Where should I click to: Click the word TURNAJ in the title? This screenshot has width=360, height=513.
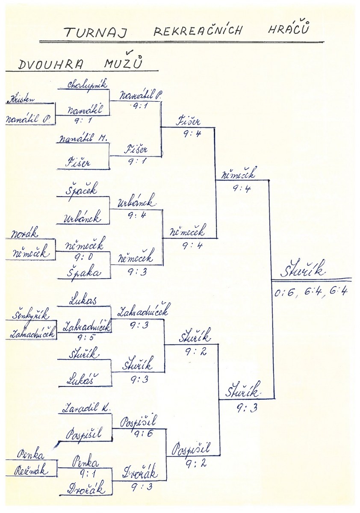pyautogui.click(x=95, y=32)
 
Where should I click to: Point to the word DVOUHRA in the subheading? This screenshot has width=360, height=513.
pyautogui.click(x=51, y=65)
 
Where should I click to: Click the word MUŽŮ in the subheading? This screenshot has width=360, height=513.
pyautogui.click(x=124, y=64)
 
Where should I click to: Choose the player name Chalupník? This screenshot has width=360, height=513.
pyautogui.click(x=87, y=85)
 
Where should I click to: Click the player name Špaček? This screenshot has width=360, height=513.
pyautogui.click(x=82, y=189)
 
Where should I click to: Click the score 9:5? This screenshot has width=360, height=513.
pyautogui.click(x=83, y=337)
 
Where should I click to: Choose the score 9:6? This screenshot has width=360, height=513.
pyautogui.click(x=141, y=434)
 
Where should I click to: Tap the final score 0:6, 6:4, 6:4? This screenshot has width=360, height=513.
pyautogui.click(x=311, y=293)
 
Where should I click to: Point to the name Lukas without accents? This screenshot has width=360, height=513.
pyautogui.click(x=83, y=301)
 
